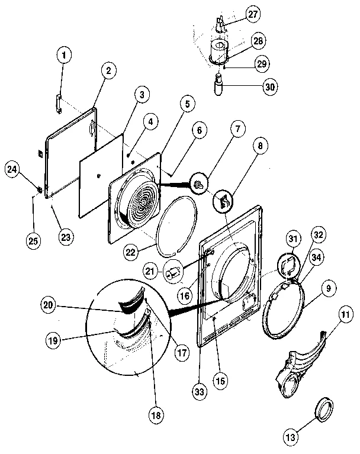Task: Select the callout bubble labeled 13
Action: coord(290,437)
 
